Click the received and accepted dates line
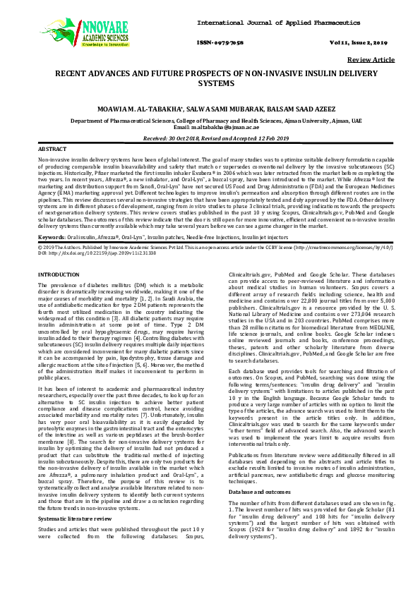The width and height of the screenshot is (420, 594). tap(210, 140)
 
